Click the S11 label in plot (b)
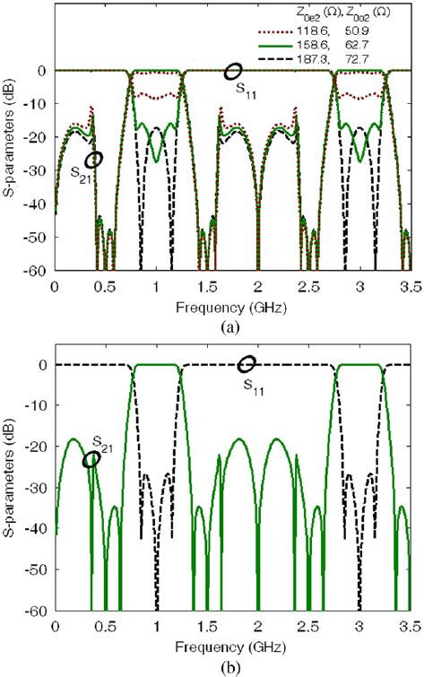coord(255,381)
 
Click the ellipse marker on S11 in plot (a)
coord(232,71)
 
